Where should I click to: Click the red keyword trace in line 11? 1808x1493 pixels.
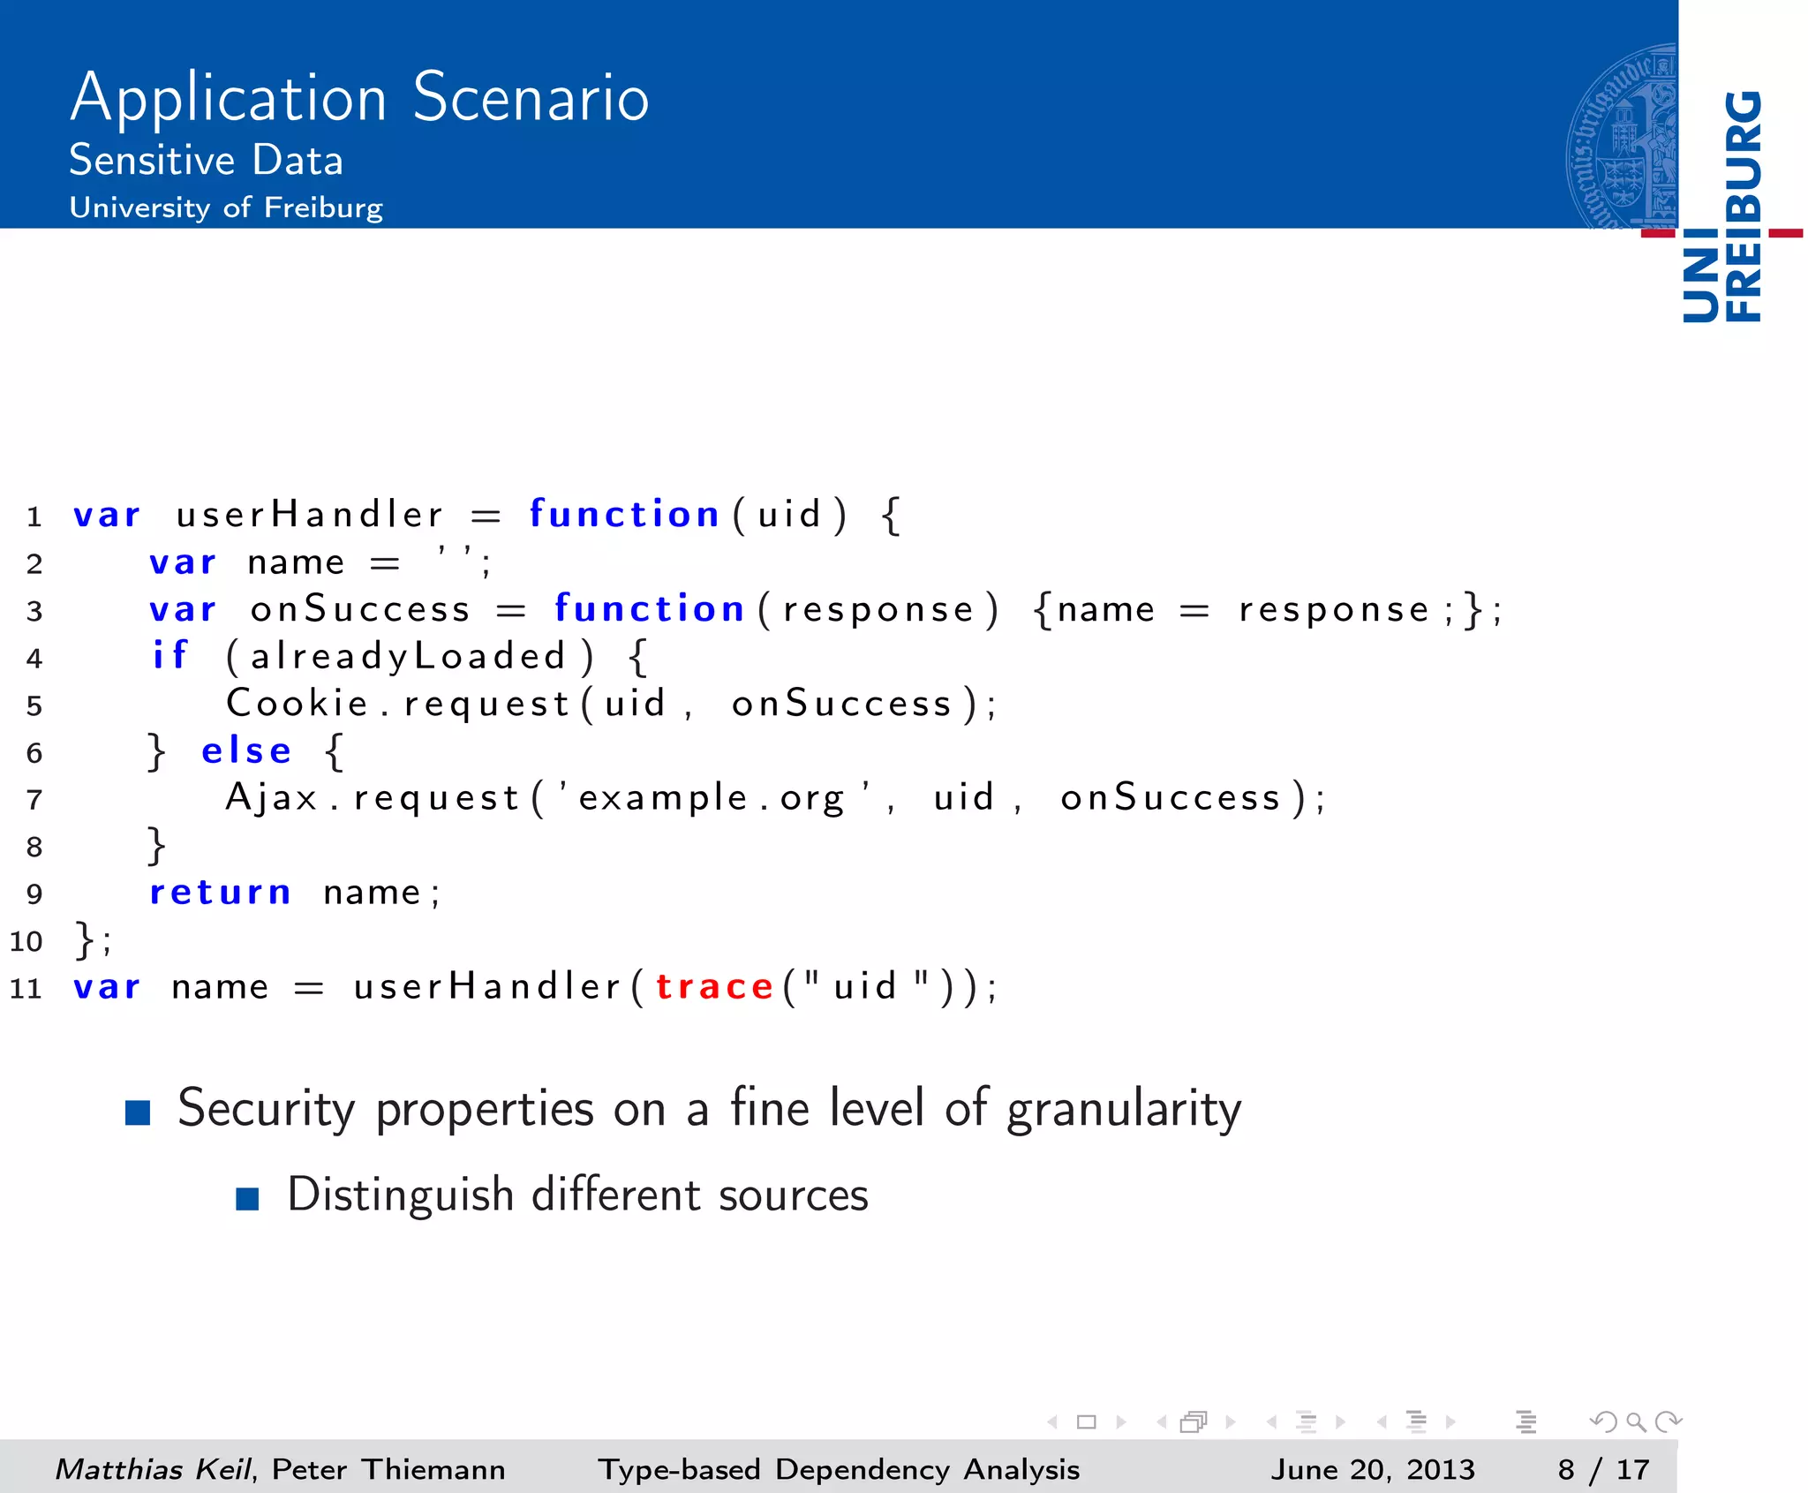tap(714, 986)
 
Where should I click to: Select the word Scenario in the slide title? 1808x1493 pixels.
tap(531, 97)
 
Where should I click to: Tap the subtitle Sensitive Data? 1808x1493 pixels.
tap(206, 161)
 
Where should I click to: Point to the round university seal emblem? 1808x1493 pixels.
tap(1622, 137)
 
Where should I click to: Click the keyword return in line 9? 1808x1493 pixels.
tap(220, 893)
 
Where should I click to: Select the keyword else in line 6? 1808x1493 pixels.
tap(246, 751)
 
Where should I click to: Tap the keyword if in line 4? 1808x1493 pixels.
tap(170, 656)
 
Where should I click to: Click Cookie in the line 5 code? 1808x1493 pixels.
tap(297, 704)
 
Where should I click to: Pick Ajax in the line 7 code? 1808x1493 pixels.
tap(271, 798)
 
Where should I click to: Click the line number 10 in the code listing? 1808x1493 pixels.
tap(26, 941)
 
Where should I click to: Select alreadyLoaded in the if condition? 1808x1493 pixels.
tap(408, 657)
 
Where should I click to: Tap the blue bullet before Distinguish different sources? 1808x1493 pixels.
tap(247, 1198)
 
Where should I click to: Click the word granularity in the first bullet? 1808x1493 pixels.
tap(1124, 1110)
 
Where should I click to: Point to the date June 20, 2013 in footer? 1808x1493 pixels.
tap(1373, 1469)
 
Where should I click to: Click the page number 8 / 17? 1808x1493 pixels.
tap(1602, 1469)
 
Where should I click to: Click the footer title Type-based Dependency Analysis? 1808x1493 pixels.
tap(839, 1469)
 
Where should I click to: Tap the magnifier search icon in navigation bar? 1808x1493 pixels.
tap(1635, 1421)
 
